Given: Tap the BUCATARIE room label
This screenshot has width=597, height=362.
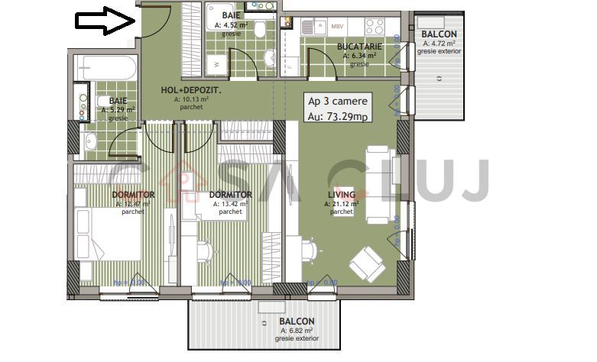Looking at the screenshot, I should [359, 47].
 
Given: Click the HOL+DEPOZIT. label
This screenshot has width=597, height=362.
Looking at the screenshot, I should [191, 90].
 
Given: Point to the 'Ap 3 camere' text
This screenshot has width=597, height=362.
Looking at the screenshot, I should [337, 101].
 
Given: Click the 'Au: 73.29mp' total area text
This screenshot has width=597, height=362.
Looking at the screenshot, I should [337, 116].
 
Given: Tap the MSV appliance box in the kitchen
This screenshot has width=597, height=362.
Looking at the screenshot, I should [337, 27].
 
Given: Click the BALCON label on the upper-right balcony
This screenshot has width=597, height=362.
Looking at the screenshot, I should [439, 35].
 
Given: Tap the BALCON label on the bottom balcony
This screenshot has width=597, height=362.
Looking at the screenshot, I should [296, 322].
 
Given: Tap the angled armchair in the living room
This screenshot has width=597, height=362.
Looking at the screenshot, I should [366, 261].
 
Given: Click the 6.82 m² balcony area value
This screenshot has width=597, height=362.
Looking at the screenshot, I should [299, 330].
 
